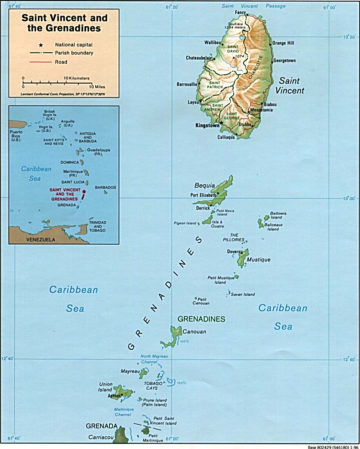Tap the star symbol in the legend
(41, 45)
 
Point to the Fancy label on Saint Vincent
(240, 13)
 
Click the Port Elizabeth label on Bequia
(203, 195)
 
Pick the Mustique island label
(258, 259)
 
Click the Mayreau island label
(129, 372)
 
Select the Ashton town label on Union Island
(114, 396)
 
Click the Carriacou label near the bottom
(99, 438)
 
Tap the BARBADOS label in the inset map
(105, 187)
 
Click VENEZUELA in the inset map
(40, 240)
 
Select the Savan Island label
(243, 294)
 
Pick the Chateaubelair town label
(199, 58)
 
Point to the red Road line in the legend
(41, 62)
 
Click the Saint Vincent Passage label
(254, 6)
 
